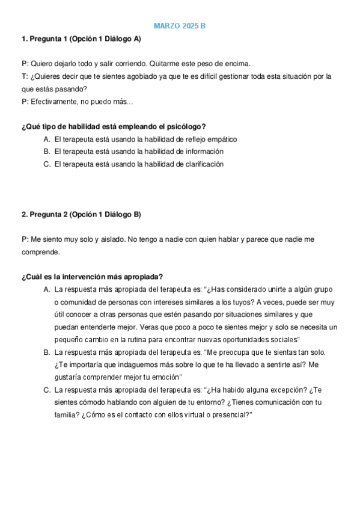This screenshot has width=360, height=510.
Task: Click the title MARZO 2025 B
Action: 180,26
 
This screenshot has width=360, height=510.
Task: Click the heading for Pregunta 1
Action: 81,39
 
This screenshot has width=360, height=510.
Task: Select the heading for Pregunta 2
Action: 81,214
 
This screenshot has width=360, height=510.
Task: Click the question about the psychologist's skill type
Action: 114,126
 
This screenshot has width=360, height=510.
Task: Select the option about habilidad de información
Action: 139,152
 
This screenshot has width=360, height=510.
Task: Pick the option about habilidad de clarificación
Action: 139,164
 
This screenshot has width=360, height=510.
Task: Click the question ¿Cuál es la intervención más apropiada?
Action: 92,277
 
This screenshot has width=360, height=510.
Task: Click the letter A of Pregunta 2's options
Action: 46,289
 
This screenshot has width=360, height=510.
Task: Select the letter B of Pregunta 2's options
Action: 46,352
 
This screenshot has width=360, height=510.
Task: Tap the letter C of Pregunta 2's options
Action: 46,390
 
